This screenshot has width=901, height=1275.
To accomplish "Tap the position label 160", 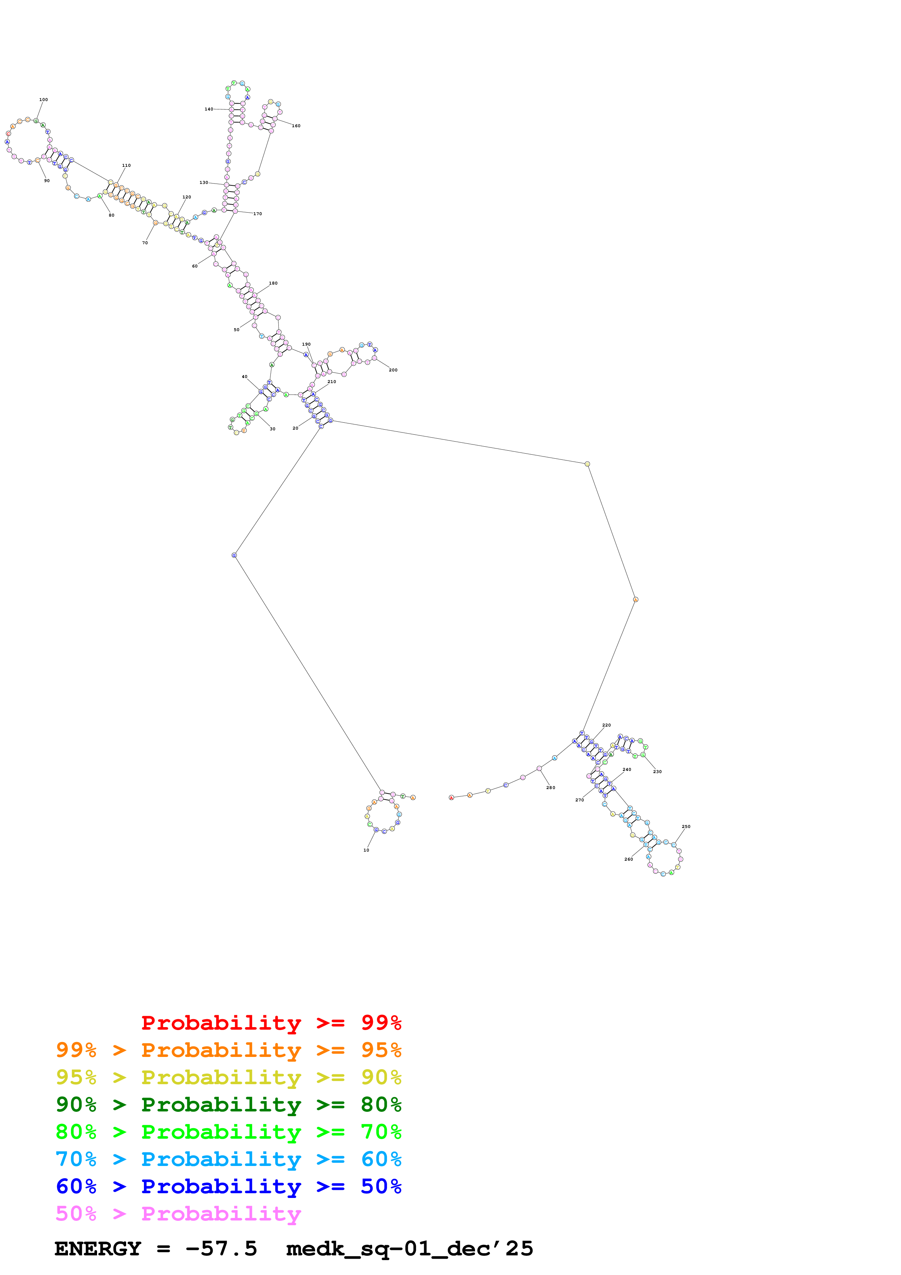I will (297, 126).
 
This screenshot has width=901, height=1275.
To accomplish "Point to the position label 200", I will (393, 370).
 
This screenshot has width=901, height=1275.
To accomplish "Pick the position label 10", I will (366, 850).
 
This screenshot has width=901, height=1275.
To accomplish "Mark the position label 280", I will (551, 788).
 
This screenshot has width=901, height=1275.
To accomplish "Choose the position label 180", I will (273, 283).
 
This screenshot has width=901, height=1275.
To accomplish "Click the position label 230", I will (657, 771).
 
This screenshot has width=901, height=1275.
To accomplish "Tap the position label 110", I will (126, 165).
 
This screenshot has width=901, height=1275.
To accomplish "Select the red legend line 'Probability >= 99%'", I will (271, 1023).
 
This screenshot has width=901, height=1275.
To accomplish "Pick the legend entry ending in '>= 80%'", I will (228, 1105).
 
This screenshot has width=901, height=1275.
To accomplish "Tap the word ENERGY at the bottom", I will (98, 1249).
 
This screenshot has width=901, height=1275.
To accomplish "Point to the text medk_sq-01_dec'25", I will (409, 1249).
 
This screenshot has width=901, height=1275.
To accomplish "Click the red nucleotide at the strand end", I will (451, 797).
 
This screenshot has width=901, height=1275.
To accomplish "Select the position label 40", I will (244, 377).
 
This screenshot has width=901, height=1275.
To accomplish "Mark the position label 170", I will (258, 214).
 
